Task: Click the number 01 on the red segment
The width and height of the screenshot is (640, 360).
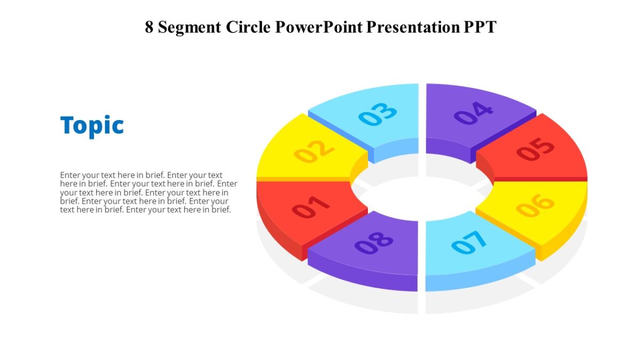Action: point(311,207)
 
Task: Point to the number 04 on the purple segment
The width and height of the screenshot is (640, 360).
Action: point(474,113)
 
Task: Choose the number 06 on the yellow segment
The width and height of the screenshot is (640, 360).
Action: point(535,205)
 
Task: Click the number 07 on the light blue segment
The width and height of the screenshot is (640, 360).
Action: point(469,243)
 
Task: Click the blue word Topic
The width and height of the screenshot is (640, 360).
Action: point(92,126)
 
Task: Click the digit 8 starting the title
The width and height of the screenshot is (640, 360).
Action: point(149,27)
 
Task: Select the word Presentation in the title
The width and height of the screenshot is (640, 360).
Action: point(410,27)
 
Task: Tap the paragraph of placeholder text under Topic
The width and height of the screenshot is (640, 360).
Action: point(148,192)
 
